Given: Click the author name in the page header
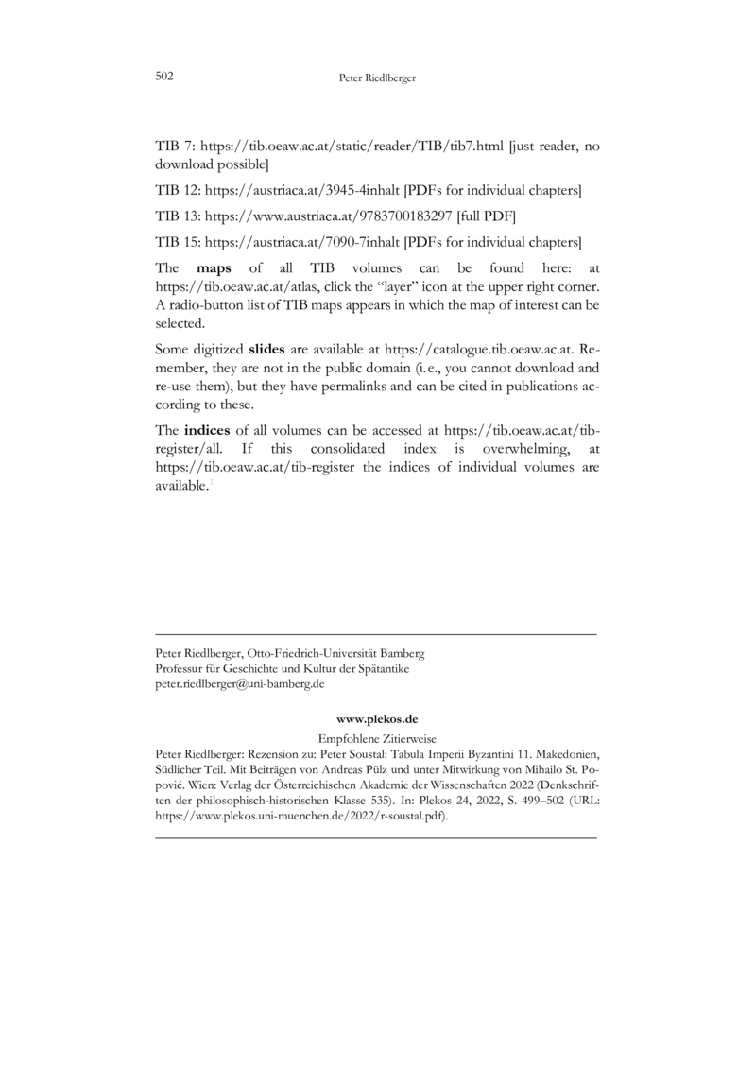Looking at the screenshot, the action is click(377, 78).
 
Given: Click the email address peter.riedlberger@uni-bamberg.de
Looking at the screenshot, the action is click(239, 682).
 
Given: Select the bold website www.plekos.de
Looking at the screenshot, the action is click(376, 719).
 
